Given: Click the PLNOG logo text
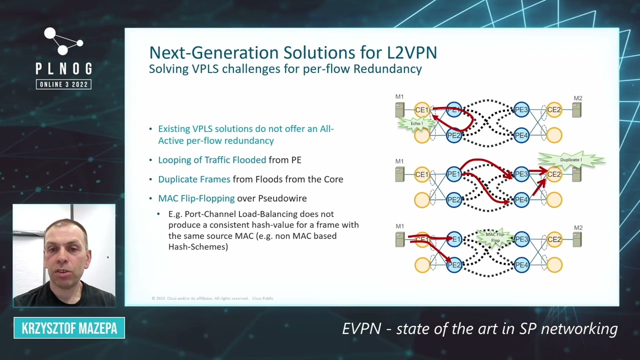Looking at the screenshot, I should tap(63, 69).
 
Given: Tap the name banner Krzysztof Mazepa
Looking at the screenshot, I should tap(69, 328).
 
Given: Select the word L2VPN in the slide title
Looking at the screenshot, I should tap(412, 52).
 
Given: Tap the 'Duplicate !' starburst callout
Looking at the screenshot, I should tap(570, 160).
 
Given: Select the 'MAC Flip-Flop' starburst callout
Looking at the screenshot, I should tap(495, 237).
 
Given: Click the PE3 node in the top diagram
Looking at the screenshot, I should tap(521, 110).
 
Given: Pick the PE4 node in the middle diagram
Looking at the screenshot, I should tap(521, 200).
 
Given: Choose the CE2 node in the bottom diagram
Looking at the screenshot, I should tap(554, 239).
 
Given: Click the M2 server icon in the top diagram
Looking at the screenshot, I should tap(576, 110).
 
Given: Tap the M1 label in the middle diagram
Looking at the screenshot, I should tap(399, 161).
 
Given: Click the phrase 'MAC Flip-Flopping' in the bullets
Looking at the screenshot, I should tap(196, 198).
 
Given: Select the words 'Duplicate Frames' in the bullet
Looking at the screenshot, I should tap(194, 179).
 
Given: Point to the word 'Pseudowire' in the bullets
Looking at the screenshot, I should tap(282, 198).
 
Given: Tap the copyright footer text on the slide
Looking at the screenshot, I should tap(212, 298).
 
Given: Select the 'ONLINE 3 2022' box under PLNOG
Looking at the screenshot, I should tap(63, 84).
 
